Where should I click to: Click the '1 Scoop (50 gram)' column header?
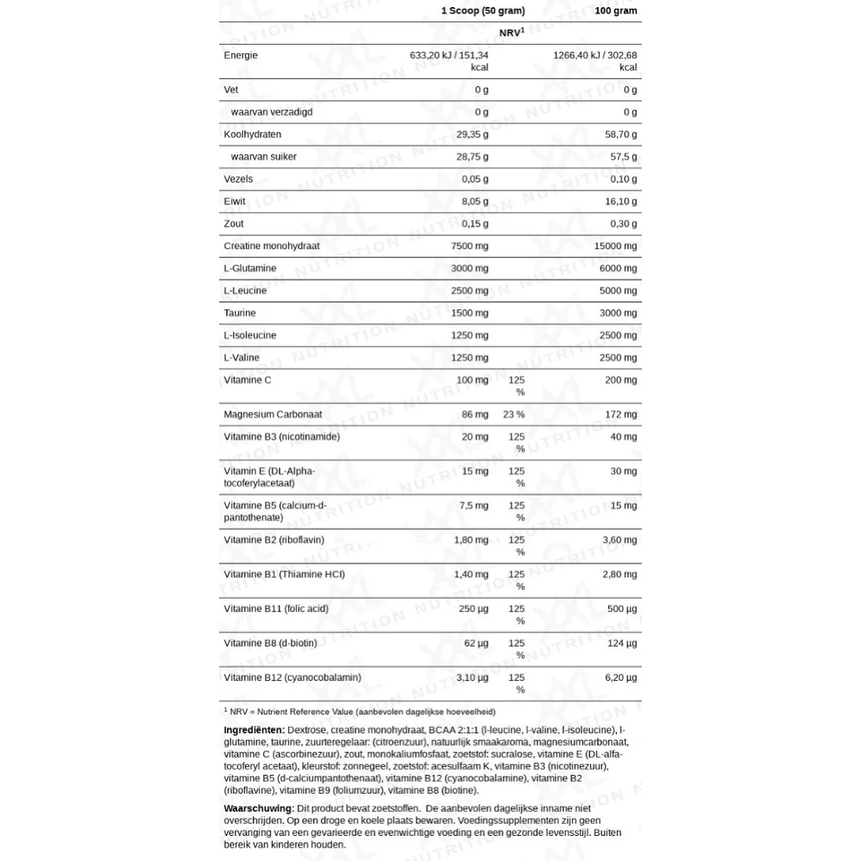[x=483, y=11]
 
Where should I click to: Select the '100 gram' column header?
[x=616, y=11]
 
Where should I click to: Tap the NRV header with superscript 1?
[x=512, y=34]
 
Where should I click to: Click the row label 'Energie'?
[x=240, y=56]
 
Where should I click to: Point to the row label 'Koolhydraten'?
[x=252, y=135]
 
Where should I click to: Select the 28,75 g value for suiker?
[x=472, y=157]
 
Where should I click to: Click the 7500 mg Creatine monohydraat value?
[x=470, y=246]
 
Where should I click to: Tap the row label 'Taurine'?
[x=240, y=313]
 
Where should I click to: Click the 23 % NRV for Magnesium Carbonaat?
[x=513, y=414]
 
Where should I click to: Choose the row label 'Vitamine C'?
[x=247, y=380]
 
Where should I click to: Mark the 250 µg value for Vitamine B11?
[x=473, y=608]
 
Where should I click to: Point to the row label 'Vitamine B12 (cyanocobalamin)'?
[x=292, y=678]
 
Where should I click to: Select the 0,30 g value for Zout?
[x=624, y=224]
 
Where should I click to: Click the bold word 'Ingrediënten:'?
[x=254, y=730]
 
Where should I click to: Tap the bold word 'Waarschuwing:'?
[x=259, y=808]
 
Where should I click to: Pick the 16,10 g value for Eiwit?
[x=621, y=201]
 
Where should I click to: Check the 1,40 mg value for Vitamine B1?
[x=471, y=575]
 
